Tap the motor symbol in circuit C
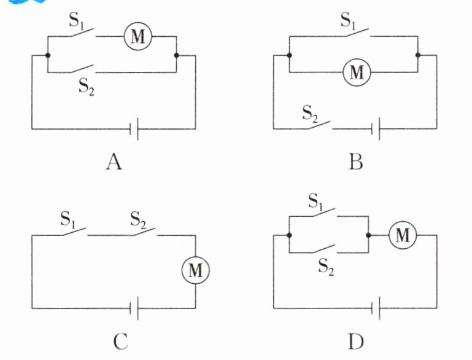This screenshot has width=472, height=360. click(x=196, y=270)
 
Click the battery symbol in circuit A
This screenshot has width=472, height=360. click(x=134, y=129)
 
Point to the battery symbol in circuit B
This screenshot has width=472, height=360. click(x=376, y=129)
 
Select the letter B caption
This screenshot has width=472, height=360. click(x=355, y=162)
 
